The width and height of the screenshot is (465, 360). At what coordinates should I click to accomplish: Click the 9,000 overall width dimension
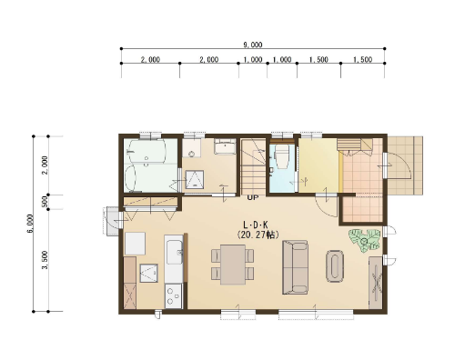[x=253, y=45]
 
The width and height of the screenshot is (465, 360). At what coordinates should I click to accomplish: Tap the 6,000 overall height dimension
[x=30, y=224]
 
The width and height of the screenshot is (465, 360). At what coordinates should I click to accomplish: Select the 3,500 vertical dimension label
[x=45, y=260]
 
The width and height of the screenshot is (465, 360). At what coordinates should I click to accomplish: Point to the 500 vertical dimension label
[x=45, y=202]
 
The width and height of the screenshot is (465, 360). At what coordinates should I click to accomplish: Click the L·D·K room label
[x=256, y=225]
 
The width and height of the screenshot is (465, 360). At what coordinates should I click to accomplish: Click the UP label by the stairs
[x=253, y=197]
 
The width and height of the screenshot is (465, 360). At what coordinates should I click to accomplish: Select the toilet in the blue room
[x=281, y=156]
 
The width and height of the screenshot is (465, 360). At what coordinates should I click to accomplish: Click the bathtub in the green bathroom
[x=147, y=152]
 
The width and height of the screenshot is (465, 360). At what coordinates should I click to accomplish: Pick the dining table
[x=233, y=265]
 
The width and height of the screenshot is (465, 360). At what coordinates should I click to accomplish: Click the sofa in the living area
[x=295, y=267]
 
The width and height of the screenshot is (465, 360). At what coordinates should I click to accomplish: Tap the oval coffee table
[x=335, y=266]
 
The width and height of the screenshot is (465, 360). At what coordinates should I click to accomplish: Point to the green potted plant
[x=365, y=240]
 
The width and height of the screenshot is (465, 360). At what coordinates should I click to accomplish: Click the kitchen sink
[x=174, y=252]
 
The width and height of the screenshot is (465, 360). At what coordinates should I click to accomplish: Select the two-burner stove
[x=173, y=295]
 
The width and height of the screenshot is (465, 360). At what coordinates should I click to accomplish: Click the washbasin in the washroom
[x=225, y=146]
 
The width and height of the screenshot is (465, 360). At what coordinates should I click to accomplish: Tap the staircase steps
[x=253, y=166]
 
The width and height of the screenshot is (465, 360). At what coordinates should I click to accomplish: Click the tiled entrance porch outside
[x=405, y=165]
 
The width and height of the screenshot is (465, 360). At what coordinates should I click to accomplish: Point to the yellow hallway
[x=318, y=165]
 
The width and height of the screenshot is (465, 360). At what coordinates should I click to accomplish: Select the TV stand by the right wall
[x=376, y=283]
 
